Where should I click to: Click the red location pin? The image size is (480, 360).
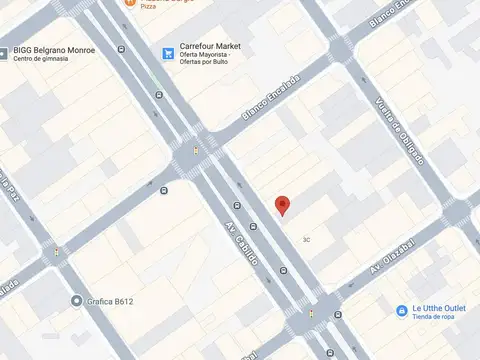click(x=283, y=205)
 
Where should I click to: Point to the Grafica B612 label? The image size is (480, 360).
click(x=109, y=301)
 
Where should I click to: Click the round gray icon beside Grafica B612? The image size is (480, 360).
click(x=77, y=301)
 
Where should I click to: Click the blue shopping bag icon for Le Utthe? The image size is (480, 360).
click(x=401, y=312)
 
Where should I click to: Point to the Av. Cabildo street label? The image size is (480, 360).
click(x=242, y=243)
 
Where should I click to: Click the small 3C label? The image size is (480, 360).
click(x=308, y=239)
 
